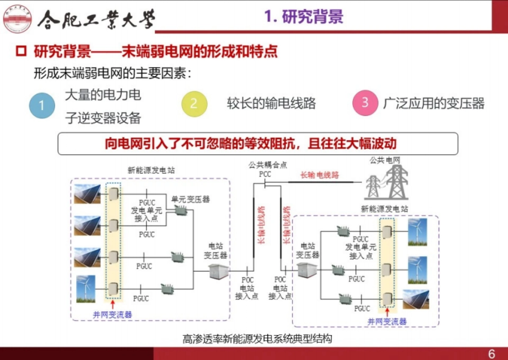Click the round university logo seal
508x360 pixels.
pyautogui.click(x=17, y=18)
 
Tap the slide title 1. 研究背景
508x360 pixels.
pyautogui.click(x=304, y=17)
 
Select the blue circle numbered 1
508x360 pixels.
pyautogui.click(x=42, y=105)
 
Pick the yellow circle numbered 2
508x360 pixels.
pyautogui.click(x=194, y=104)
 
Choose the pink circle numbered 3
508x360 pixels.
pyautogui.click(x=365, y=103)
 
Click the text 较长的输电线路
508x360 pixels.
pyautogui.click(x=271, y=104)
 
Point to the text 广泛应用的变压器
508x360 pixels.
pyautogui.click(x=433, y=103)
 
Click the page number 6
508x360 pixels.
pyautogui.click(x=491, y=354)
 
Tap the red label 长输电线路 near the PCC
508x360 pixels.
pyautogui.click(x=320, y=175)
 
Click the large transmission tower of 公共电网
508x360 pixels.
pyautogui.click(x=396, y=182)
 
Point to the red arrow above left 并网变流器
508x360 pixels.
pyautogui.click(x=113, y=305)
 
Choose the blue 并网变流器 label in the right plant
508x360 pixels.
pyautogui.click(x=387, y=322)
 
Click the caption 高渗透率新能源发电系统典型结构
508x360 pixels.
pyautogui.click(x=257, y=339)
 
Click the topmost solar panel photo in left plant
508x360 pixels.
pyautogui.click(x=87, y=194)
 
